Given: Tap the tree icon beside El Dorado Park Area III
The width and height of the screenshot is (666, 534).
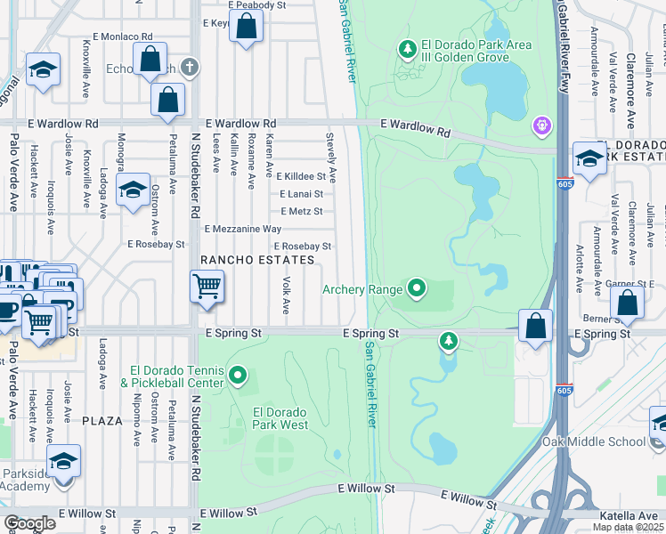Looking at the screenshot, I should [408, 49].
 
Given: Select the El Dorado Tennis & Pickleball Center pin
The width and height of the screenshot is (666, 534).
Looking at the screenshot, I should [237, 376].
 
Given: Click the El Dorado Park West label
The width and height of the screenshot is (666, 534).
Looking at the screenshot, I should [280, 418].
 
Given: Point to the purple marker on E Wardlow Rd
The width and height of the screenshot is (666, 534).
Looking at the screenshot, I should [542, 127].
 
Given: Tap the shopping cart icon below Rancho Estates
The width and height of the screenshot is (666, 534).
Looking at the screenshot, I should [207, 288].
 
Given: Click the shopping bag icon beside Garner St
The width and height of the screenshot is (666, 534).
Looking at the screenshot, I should [628, 303].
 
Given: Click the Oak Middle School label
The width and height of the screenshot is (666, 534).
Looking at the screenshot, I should [593, 441].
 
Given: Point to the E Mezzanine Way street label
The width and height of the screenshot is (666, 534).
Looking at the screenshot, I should [243, 229].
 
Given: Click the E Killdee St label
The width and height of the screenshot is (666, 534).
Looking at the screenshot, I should [300, 177].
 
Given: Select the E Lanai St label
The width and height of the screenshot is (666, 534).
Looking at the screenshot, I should [301, 194].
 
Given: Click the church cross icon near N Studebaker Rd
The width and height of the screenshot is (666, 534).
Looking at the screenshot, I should [189, 67].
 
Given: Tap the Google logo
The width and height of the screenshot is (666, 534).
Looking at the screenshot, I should [29, 524].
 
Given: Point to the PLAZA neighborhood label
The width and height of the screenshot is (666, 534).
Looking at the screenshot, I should [102, 419].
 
